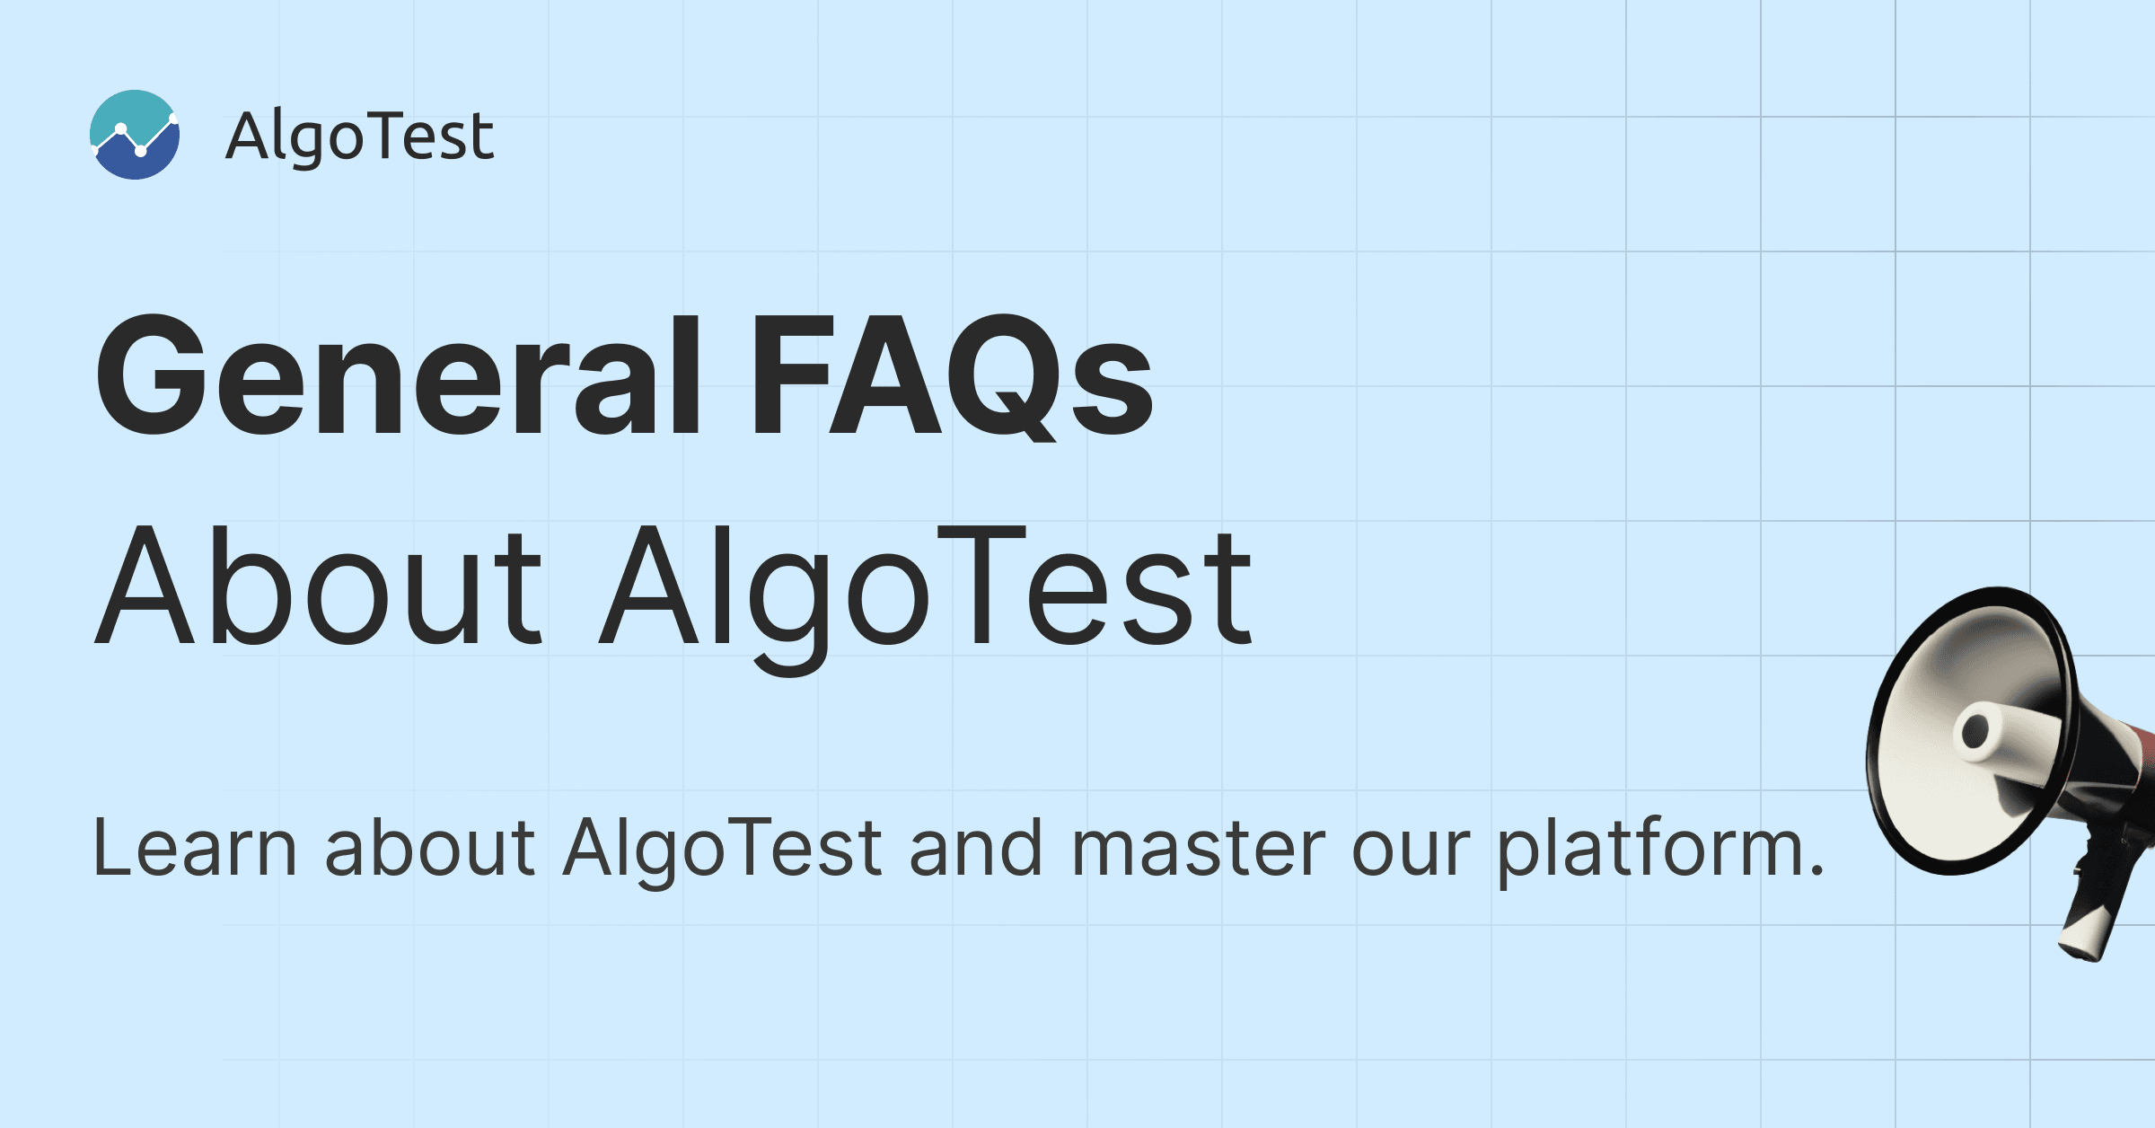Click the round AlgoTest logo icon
click(x=135, y=135)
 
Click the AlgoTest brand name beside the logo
click(x=359, y=137)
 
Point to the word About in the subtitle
click(x=319, y=585)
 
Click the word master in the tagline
click(x=1199, y=849)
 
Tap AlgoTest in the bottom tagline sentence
click(x=724, y=850)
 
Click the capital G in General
click(x=153, y=375)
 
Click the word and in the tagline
click(x=977, y=848)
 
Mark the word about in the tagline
click(x=430, y=848)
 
